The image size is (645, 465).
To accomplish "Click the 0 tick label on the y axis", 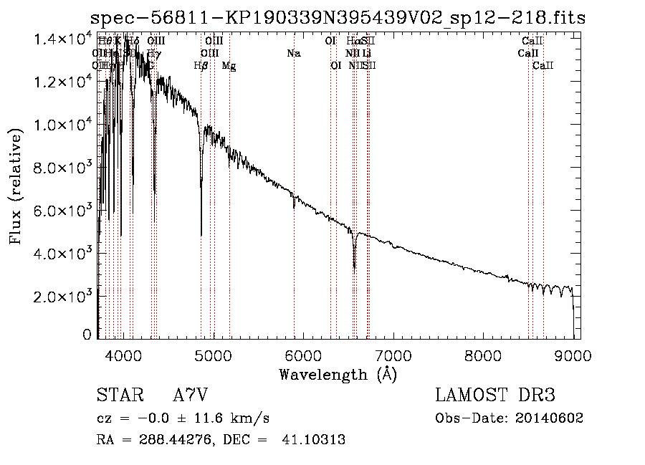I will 87,335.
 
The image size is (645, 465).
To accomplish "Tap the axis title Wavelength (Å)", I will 338,374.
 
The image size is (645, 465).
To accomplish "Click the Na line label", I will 293,53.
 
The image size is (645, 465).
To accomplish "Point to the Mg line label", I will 229,66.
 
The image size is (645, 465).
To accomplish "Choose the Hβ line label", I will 201,66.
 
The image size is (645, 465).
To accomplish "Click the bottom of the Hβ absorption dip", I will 201,234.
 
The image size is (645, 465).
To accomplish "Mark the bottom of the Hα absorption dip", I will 355,268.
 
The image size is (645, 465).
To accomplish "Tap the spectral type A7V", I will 190,396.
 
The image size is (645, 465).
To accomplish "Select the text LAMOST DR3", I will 495,396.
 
